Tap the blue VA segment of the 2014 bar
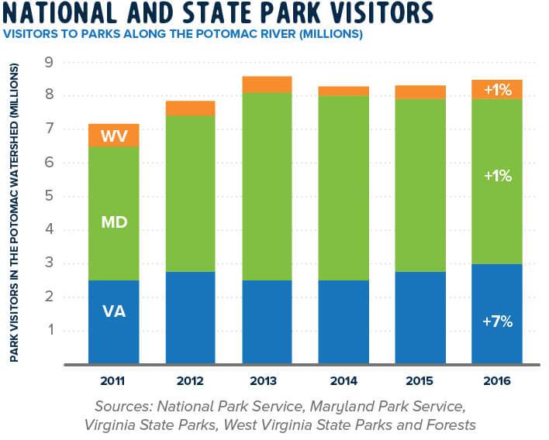coord(344,321)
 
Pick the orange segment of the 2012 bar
coord(191,108)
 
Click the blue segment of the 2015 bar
coord(421,318)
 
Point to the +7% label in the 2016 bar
coord(497,321)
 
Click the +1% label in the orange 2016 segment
coord(497,90)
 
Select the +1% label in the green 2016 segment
coord(497,176)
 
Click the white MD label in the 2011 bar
coord(114,222)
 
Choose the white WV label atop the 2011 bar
coord(114,136)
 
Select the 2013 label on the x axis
coord(268,382)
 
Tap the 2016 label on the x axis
coord(497,382)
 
